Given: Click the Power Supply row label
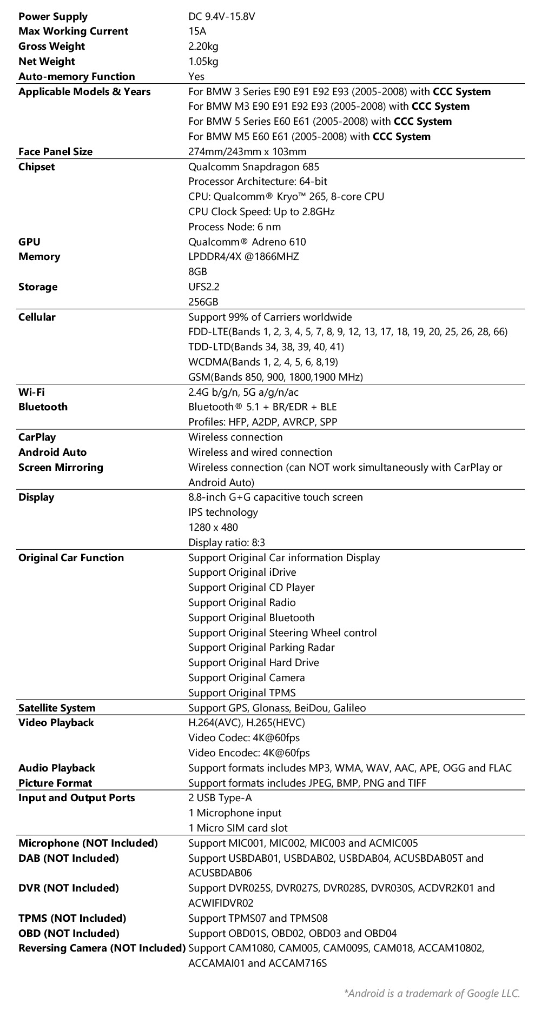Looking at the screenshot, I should pos(53,17).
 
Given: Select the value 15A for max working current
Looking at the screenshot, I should pos(197,31).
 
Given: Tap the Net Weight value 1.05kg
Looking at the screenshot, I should pos(203,62).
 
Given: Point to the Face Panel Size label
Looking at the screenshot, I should pos(55,152).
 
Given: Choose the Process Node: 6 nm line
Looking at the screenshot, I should pos(234,227).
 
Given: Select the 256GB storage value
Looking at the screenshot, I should pos(203,302).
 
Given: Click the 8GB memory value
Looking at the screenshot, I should pos(197,272).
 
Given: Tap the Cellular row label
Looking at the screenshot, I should pos(37,317).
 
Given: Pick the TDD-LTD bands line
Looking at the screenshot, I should pos(266,347).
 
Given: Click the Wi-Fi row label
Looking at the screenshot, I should pos(31,393).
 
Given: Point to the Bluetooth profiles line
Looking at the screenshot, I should pos(262,422).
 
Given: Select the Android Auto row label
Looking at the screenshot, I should pos(52,453).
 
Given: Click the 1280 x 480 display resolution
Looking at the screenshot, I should pos(213,528).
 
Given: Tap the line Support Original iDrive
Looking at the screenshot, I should pos(242,573).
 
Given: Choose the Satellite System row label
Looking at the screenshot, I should pos(57,708).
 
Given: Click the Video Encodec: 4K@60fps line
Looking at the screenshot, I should pos(249,753).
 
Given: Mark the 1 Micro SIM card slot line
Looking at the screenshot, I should pos(237,828).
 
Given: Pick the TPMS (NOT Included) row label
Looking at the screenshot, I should pos(72,919).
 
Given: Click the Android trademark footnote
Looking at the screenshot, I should pos(432,993).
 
